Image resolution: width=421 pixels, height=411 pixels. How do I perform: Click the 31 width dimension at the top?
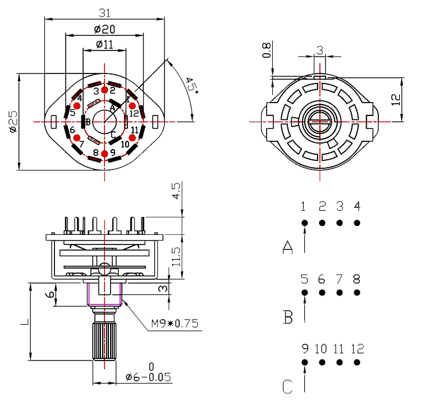click(x=104, y=12)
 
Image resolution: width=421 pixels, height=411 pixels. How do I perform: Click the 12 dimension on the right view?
click(x=396, y=99)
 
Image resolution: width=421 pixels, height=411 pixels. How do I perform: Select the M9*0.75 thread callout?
click(x=175, y=324)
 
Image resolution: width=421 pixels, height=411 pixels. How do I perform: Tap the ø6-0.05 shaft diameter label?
click(x=148, y=377)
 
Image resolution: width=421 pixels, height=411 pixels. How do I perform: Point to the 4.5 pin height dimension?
click(x=176, y=192)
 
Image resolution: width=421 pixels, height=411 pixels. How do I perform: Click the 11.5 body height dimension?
click(x=176, y=256)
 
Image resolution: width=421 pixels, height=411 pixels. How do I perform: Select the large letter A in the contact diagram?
click(x=288, y=247)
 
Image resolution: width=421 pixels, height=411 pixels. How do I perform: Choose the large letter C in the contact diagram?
click(x=288, y=387)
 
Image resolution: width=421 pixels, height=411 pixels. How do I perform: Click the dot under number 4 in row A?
click(x=357, y=223)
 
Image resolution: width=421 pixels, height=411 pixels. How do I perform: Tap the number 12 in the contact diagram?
click(x=358, y=349)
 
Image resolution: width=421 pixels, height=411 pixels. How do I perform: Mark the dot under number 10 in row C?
click(x=322, y=362)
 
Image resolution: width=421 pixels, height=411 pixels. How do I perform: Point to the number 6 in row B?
click(x=322, y=279)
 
